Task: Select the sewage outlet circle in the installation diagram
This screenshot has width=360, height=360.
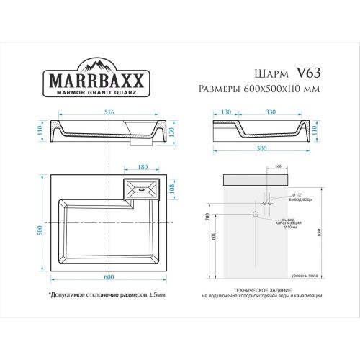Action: point(255,215)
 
